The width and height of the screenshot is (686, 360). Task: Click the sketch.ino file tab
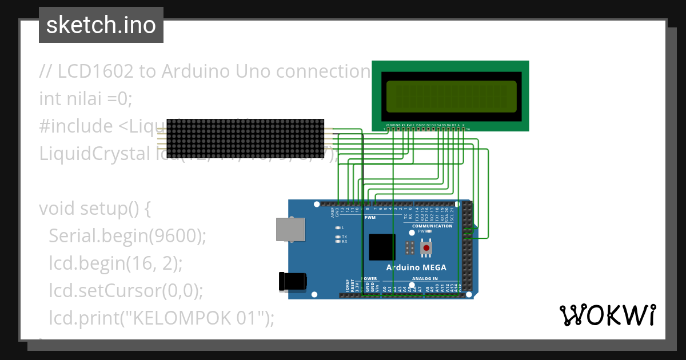101,25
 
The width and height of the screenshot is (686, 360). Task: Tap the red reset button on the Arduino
426,248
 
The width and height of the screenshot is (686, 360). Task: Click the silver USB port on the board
290,229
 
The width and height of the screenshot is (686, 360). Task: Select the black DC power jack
292,281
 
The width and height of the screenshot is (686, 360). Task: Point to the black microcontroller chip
382,247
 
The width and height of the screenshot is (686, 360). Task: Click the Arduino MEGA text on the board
416,267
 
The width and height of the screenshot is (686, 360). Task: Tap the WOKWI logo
607,315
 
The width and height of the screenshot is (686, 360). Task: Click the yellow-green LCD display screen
452,97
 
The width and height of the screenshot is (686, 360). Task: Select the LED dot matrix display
245,139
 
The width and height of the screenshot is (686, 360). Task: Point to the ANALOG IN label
425,279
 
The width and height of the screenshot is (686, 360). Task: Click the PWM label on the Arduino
370,218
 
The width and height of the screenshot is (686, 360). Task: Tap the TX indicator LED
338,237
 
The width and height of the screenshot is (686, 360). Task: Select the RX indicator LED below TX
338,242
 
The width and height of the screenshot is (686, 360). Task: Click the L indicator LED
338,228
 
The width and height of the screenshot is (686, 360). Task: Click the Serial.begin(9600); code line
127,235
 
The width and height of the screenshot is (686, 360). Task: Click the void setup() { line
95,208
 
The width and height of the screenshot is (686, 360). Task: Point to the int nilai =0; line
86,99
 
